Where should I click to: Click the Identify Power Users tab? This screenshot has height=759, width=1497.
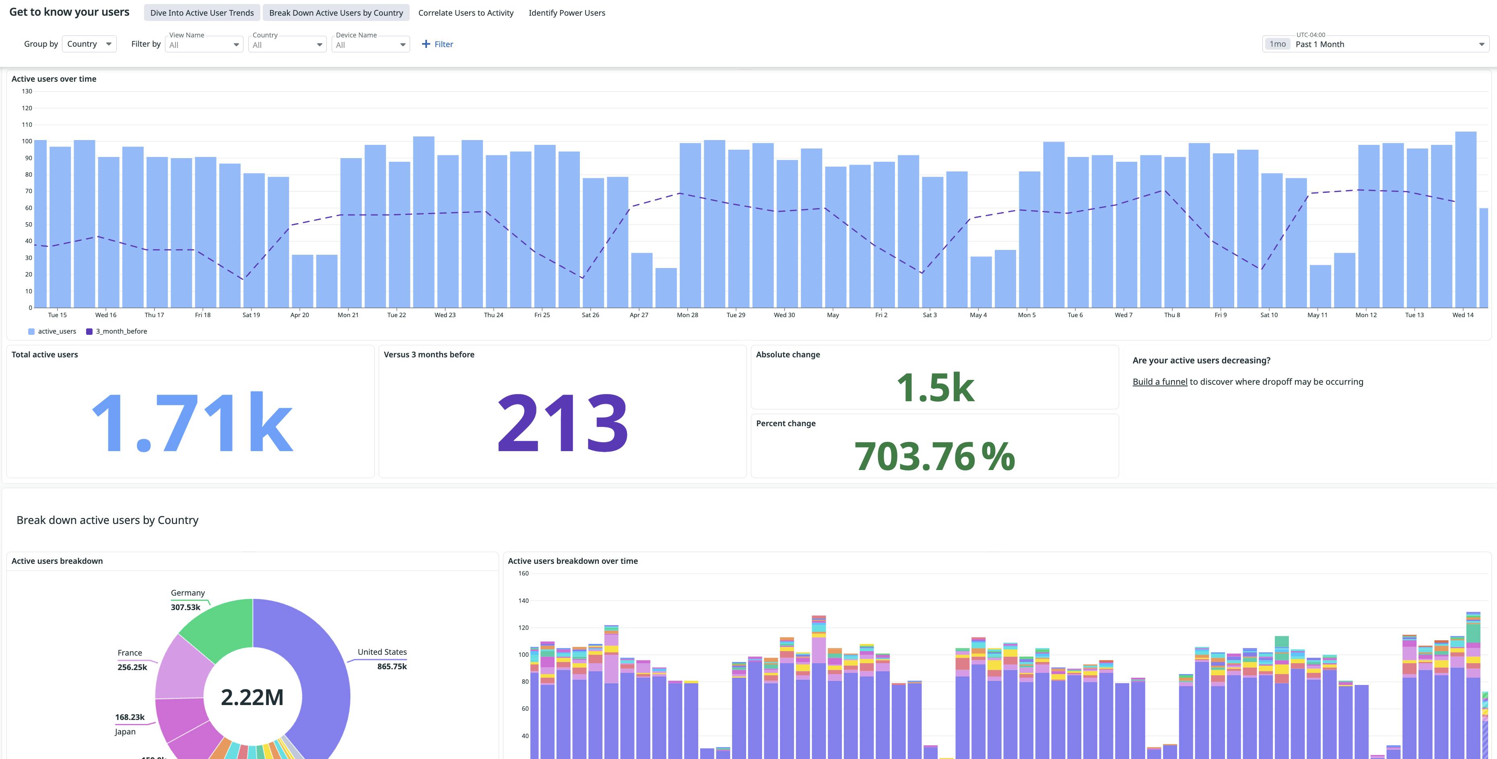point(567,13)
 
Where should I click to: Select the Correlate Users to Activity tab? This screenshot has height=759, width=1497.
point(466,13)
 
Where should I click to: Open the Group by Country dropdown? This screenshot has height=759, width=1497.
point(89,44)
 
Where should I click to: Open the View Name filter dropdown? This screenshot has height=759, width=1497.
point(204,45)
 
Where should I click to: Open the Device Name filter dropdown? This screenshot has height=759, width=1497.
point(370,45)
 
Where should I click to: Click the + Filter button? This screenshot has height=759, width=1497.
point(437,44)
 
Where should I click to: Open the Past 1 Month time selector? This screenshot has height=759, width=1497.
point(1375,44)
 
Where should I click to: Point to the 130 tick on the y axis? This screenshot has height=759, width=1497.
point(27,91)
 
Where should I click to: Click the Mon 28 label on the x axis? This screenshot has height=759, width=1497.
point(687,315)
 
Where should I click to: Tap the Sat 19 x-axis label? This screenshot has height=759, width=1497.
point(251,315)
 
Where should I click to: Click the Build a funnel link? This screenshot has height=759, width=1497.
point(1159,382)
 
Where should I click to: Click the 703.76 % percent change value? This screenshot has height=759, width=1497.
point(934,456)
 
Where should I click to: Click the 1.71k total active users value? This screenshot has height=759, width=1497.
point(192,423)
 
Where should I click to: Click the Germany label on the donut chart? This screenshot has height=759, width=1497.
point(188,593)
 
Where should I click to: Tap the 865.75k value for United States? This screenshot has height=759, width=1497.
point(392,666)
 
